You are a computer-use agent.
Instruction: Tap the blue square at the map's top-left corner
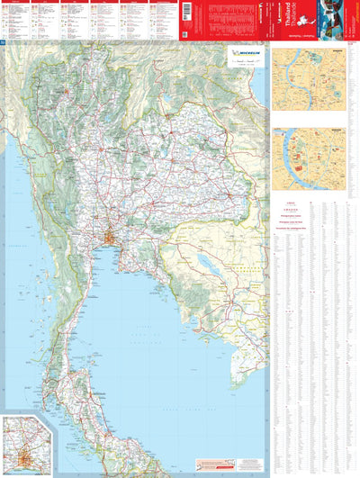pos(3,44)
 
